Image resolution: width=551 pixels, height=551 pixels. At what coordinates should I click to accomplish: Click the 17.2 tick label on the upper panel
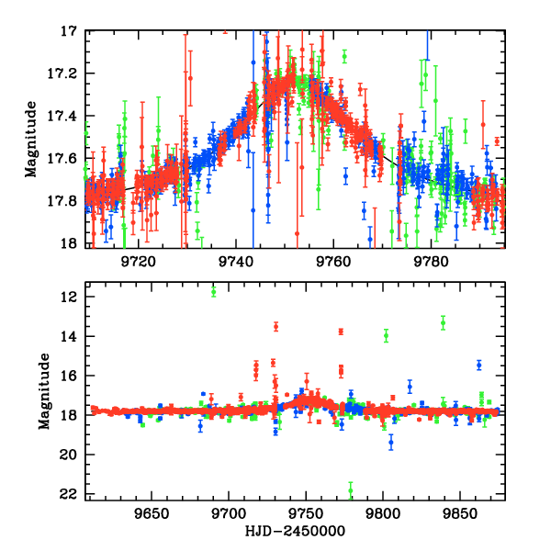65,73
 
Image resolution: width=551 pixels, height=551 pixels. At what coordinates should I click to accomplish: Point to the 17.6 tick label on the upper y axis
65,158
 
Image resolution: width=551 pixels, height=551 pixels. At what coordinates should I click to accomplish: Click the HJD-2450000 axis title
297,531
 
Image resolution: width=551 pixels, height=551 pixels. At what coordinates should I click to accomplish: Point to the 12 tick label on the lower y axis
69,298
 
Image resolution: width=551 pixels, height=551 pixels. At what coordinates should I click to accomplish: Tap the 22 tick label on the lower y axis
69,494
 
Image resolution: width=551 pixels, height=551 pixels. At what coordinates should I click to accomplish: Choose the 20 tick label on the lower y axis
69,455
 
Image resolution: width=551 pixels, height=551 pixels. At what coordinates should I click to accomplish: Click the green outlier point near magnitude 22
350,489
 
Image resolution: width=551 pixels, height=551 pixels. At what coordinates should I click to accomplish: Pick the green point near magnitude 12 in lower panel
214,291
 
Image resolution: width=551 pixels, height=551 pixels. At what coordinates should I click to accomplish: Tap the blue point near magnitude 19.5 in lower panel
391,443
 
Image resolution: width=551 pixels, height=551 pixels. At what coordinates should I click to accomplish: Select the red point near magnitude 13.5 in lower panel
275,326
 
